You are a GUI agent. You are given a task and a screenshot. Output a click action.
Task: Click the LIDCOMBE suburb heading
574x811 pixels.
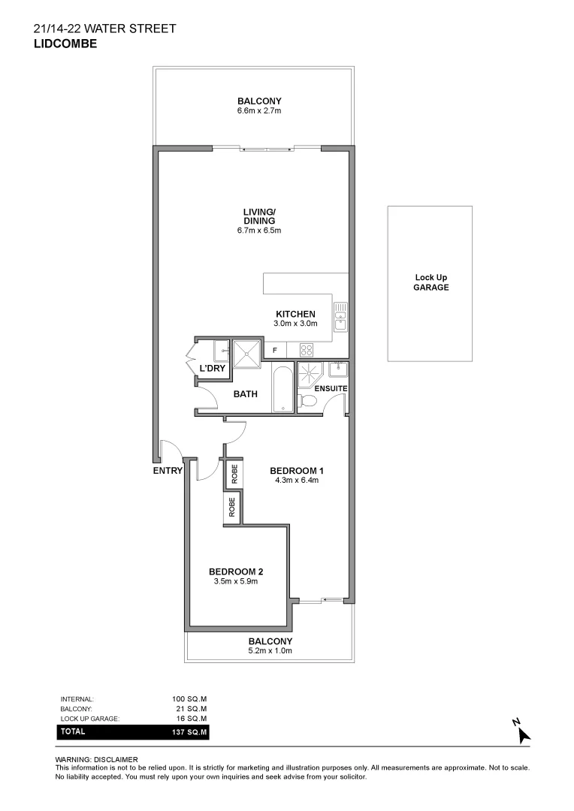pyautogui.click(x=65, y=44)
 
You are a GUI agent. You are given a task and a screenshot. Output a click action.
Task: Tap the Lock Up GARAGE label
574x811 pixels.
pyautogui.click(x=431, y=282)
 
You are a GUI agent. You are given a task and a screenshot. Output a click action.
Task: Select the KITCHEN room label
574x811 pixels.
pyautogui.click(x=295, y=314)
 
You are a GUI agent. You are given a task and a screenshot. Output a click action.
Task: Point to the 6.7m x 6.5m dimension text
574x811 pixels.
pyautogui.click(x=259, y=231)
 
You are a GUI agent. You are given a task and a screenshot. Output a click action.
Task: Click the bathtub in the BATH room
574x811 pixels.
pyautogui.click(x=282, y=389)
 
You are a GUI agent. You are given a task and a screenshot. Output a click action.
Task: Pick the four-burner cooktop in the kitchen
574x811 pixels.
pyautogui.click(x=307, y=349)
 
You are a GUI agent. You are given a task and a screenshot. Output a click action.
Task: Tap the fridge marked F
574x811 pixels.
pyautogui.click(x=275, y=350)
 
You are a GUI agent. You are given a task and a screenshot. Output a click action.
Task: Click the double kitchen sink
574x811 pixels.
pyautogui.click(x=340, y=317)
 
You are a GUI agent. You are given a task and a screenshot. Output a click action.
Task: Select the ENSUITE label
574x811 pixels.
pyautogui.click(x=331, y=388)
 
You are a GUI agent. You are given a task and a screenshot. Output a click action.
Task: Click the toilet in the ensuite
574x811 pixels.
pyautogui.click(x=307, y=401)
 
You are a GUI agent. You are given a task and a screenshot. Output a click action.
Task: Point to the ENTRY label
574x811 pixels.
pyautogui.click(x=168, y=471)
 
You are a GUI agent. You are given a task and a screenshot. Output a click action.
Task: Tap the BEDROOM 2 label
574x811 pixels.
pyautogui.click(x=236, y=571)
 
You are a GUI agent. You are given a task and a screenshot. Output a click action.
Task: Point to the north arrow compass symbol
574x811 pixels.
pyautogui.click(x=522, y=733)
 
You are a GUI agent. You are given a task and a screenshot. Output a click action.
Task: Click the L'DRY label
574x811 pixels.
pyautogui.click(x=213, y=368)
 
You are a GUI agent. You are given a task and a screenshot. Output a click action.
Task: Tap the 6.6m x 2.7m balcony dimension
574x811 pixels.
pyautogui.click(x=259, y=110)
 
